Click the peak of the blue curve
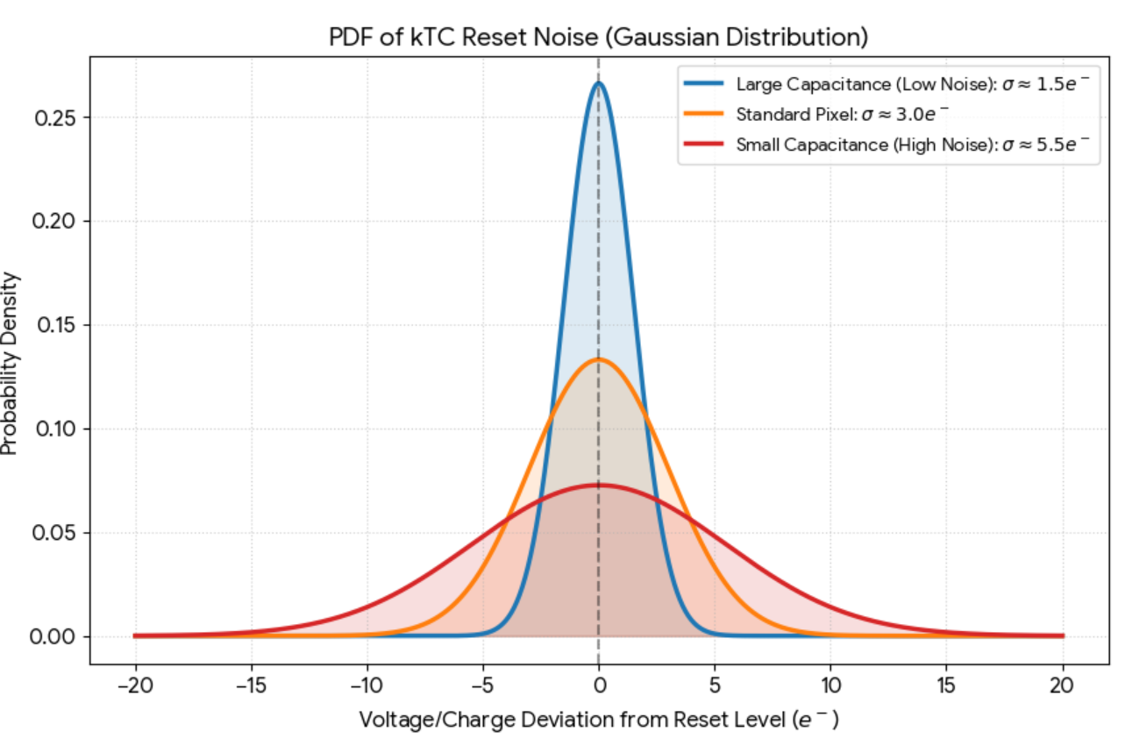pyautogui.click(x=598, y=83)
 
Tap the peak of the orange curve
pyautogui.click(x=598, y=359)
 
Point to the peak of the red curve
pyautogui.click(x=598, y=485)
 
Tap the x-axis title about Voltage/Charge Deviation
pyautogui.click(x=598, y=720)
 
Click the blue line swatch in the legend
pyautogui.click(x=703, y=85)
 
